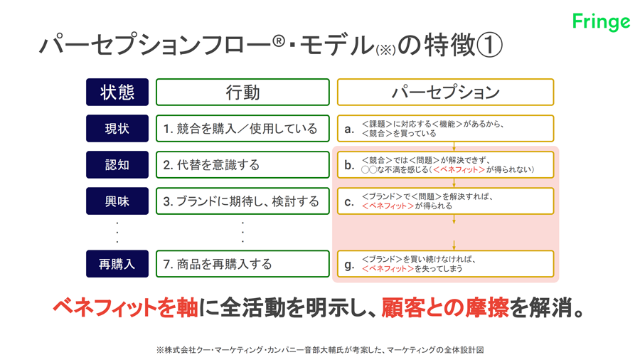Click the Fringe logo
point(601,22)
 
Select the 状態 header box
point(117,92)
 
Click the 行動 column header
point(242,92)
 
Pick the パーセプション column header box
point(445,92)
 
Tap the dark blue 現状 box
point(117,129)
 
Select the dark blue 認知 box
point(117,165)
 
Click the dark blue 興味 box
point(117,201)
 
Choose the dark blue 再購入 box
point(117,264)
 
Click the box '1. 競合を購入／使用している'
point(242,129)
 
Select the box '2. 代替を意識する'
point(242,165)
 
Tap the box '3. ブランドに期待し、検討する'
point(242,201)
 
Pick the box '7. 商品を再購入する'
point(242,264)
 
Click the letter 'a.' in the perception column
point(349,129)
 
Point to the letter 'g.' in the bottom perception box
point(349,265)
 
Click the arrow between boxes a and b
point(454,147)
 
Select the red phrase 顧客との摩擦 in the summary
point(445,307)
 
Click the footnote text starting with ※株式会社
point(320,350)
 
